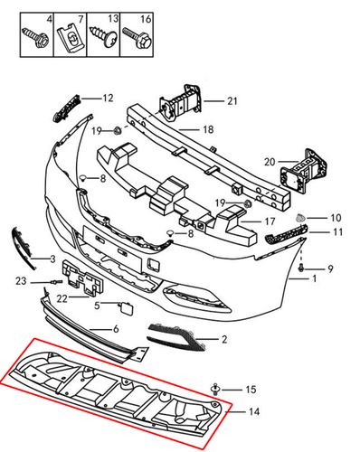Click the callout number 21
click(x=232, y=101)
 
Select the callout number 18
click(x=208, y=129)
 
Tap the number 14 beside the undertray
click(x=254, y=411)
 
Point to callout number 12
click(x=108, y=98)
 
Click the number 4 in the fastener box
click(x=49, y=20)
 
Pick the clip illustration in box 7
click(x=71, y=38)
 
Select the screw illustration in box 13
click(x=103, y=37)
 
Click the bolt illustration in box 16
click(x=137, y=37)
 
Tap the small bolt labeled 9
click(x=301, y=267)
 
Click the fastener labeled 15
click(x=215, y=389)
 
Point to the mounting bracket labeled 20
click(x=304, y=171)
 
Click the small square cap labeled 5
click(x=125, y=308)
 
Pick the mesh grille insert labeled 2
click(x=176, y=336)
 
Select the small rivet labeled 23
click(x=57, y=282)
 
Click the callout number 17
click(x=270, y=221)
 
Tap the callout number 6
click(x=116, y=329)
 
